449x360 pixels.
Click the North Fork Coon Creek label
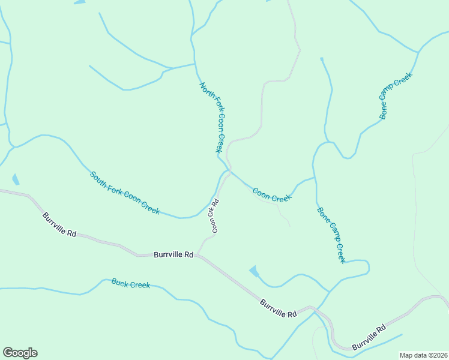point(212,118)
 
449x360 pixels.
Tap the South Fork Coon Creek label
point(125,193)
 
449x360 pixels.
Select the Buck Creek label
point(130,283)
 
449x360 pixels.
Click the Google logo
point(20,353)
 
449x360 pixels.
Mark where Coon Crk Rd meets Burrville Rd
point(198,255)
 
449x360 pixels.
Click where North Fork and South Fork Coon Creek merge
point(229,170)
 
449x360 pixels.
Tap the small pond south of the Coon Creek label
point(254,271)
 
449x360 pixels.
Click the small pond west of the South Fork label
point(15,179)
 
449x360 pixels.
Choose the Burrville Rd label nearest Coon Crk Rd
point(173,254)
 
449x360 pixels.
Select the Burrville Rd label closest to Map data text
point(369,338)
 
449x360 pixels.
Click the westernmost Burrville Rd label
point(59,224)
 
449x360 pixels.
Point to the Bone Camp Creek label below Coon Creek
point(331,235)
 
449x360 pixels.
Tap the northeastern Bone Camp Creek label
point(396,96)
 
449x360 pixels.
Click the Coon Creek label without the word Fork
point(272,195)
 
